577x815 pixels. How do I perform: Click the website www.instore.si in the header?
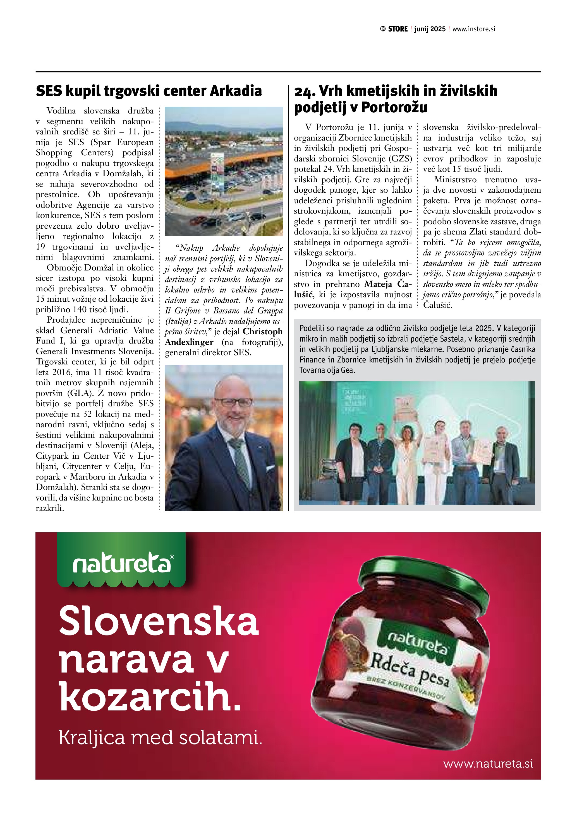click(x=474, y=29)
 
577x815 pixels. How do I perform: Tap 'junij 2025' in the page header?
click(x=430, y=29)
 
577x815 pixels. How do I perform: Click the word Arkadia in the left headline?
click(x=236, y=91)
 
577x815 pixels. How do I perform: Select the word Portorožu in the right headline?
click(x=394, y=107)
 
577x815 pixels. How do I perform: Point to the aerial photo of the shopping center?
click(x=224, y=171)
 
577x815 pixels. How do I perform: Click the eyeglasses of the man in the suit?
click(x=233, y=402)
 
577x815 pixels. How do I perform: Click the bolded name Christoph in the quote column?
click(x=263, y=332)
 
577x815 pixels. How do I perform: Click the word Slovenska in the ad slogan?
click(x=159, y=621)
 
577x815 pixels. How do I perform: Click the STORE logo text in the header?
click(x=397, y=29)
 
